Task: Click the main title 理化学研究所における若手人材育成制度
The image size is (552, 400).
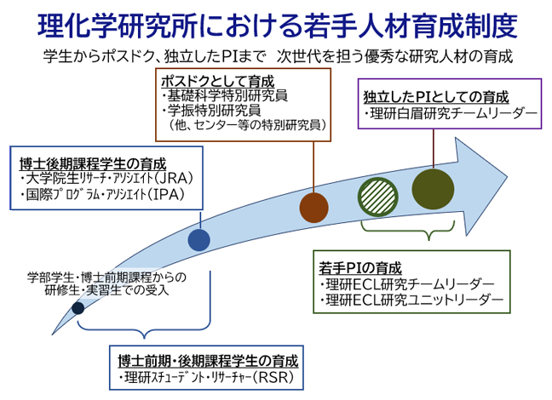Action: [x=277, y=26]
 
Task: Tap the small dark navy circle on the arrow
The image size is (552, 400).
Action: [x=78, y=308]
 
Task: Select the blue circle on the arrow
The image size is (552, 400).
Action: [x=198, y=241]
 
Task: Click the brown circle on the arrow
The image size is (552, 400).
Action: [x=314, y=207]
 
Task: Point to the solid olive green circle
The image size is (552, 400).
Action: [x=430, y=186]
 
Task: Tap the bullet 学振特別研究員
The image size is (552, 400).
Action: [x=220, y=110]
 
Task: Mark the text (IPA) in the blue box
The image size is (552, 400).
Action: [x=173, y=195]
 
